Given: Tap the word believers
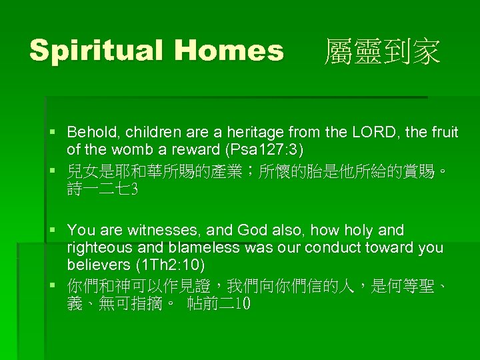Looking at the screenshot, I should point(97,264).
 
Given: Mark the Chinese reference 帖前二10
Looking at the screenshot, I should point(219,304).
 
